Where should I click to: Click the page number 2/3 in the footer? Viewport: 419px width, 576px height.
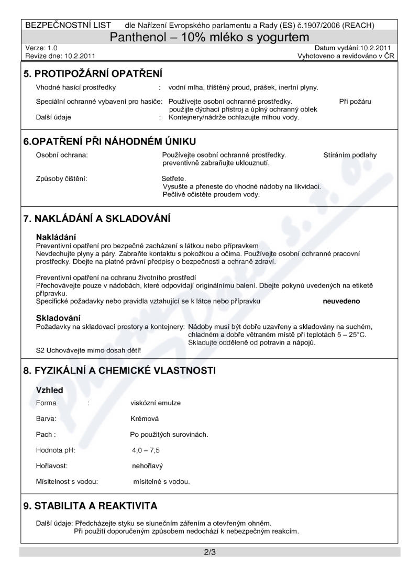click(x=210, y=552)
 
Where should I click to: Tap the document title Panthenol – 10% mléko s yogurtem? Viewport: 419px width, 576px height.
click(x=208, y=37)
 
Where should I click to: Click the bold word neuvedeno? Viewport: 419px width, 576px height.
click(x=341, y=302)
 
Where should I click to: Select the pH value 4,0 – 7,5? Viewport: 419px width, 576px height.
click(x=146, y=450)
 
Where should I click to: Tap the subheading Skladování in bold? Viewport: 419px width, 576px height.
click(x=58, y=318)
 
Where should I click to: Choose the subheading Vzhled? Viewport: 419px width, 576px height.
click(x=49, y=390)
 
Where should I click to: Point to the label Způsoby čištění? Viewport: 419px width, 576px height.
click(x=62, y=179)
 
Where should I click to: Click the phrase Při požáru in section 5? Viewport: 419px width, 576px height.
click(x=355, y=102)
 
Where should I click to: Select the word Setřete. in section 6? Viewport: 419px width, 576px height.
click(x=174, y=179)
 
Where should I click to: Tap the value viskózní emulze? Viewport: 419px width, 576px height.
click(x=156, y=403)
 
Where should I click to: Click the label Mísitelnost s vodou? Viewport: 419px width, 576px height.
click(x=67, y=481)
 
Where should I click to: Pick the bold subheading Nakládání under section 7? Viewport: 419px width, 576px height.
click(x=56, y=237)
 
